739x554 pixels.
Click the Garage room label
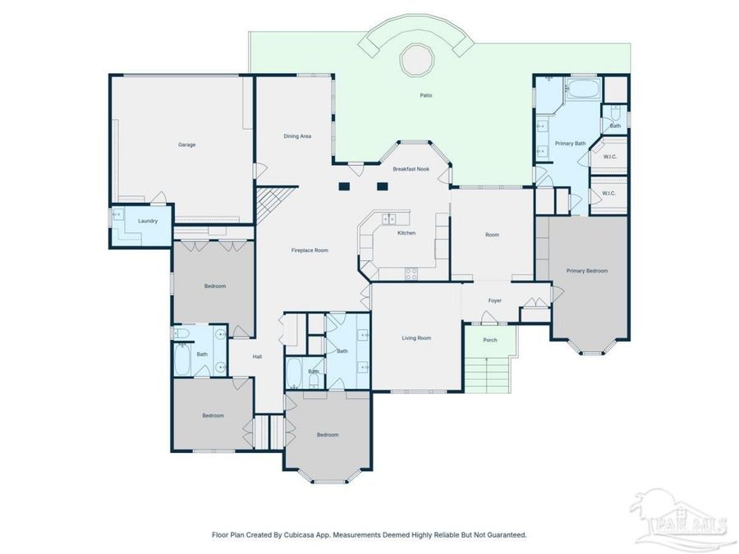point(186,144)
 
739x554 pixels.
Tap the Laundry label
point(148,221)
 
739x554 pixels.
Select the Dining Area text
point(297,136)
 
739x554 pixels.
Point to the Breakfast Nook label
point(411,168)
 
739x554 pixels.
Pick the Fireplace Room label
point(310,250)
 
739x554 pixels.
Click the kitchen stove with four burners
point(411,273)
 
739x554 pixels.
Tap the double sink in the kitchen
point(389,218)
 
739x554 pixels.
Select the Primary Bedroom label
point(587,271)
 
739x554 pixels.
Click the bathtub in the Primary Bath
point(583,89)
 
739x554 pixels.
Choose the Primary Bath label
point(571,143)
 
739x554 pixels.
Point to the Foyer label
point(495,300)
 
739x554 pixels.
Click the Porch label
point(490,340)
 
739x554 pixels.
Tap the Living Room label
point(416,338)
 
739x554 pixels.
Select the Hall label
point(257,357)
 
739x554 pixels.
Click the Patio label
point(426,95)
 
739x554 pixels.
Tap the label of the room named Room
point(492,235)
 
